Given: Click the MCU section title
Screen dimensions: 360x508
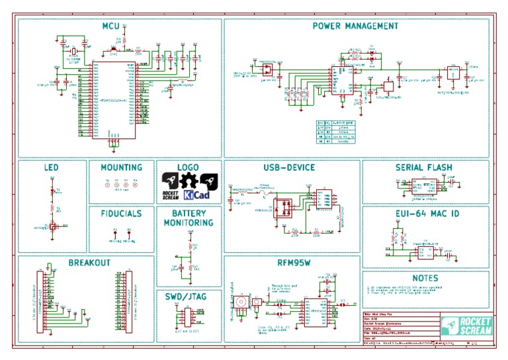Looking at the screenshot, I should pos(110,26).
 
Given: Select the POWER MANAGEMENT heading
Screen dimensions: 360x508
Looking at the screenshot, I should pos(355,26).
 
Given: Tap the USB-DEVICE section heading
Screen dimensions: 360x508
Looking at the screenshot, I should pos(289,167).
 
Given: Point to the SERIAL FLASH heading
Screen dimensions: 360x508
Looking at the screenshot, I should pos(427,167).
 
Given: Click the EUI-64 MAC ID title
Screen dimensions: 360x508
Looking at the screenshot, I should pos(427,214).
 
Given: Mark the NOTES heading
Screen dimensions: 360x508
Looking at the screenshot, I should pos(425,278).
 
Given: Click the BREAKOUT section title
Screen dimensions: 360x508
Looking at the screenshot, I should pos(89,263).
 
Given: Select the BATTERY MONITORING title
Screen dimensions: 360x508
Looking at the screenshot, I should pos(189,218).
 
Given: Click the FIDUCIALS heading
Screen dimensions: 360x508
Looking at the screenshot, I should pos(122,214).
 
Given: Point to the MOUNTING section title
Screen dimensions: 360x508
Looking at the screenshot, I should pos(122,167).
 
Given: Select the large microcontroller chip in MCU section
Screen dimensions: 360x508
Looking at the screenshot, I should pos(114,101).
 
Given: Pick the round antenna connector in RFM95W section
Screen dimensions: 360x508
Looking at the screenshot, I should pos(242,302).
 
